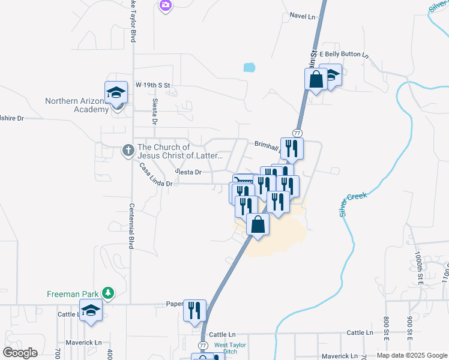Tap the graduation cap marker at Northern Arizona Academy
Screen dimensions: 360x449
click(116, 92)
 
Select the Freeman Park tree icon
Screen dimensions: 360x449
click(107, 293)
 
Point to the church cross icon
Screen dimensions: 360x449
click(127, 150)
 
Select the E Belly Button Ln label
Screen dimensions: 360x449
click(343, 54)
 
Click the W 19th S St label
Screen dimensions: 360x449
click(152, 86)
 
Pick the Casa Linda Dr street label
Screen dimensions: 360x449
click(155, 175)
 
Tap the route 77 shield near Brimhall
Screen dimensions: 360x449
click(297, 132)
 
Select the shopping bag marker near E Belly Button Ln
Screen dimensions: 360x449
click(316, 79)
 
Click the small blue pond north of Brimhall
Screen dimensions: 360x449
click(250, 68)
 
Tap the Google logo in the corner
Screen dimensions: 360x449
click(20, 353)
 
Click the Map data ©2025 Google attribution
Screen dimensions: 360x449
click(412, 355)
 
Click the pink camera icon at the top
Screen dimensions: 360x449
click(166, 5)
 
